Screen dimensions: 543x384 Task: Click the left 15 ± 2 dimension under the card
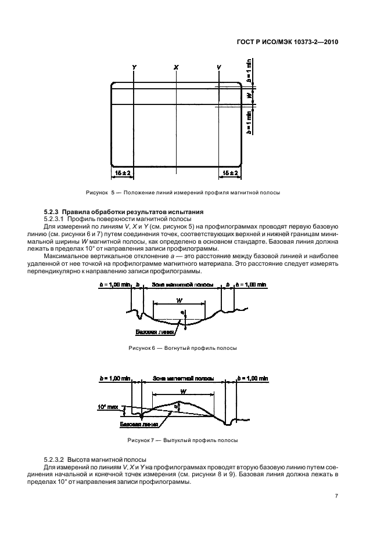123,173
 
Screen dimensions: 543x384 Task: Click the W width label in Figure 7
182,392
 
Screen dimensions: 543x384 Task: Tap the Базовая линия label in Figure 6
150,332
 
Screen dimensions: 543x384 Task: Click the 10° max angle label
107,408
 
